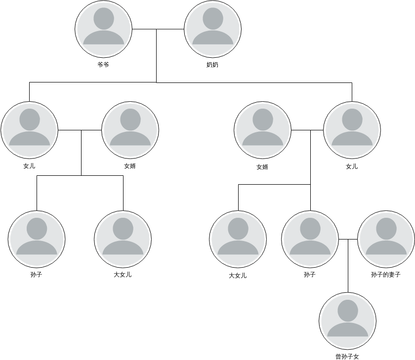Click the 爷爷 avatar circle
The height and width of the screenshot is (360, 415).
pyautogui.click(x=103, y=29)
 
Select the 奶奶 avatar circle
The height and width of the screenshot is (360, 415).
pyautogui.click(x=213, y=29)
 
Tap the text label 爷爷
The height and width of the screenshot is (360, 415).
pyautogui.click(x=103, y=65)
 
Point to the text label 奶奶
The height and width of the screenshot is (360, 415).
pyautogui.click(x=212, y=65)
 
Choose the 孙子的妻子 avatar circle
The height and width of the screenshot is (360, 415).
pyautogui.click(x=386, y=239)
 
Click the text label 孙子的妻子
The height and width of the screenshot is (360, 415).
pyautogui.click(x=386, y=275)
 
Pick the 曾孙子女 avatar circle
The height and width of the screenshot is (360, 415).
pyautogui.click(x=348, y=321)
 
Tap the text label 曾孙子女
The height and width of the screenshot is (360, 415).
pyautogui.click(x=347, y=357)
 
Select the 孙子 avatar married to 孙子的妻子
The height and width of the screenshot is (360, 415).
pyautogui.click(x=310, y=239)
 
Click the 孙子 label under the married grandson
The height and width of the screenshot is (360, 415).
pyautogui.click(x=310, y=275)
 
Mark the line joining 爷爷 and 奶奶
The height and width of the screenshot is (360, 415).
pyautogui.click(x=158, y=29)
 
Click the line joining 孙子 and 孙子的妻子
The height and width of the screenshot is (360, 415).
pyautogui.click(x=348, y=239)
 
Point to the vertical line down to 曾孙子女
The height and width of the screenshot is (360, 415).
pyautogui.click(x=348, y=266)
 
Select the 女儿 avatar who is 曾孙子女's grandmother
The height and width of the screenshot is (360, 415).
pyautogui.click(x=352, y=130)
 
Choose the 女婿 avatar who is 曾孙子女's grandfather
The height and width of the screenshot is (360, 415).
pyautogui.click(x=262, y=130)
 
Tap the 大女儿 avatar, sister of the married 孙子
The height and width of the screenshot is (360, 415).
pyautogui.click(x=238, y=239)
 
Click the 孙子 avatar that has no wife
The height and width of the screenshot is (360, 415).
pyautogui.click(x=37, y=239)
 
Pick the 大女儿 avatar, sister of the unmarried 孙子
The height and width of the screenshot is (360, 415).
pyautogui.click(x=123, y=239)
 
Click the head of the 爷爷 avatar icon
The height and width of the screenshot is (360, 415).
pyautogui.click(x=104, y=18)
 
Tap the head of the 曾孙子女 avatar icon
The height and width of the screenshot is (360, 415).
pyautogui.click(x=348, y=311)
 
